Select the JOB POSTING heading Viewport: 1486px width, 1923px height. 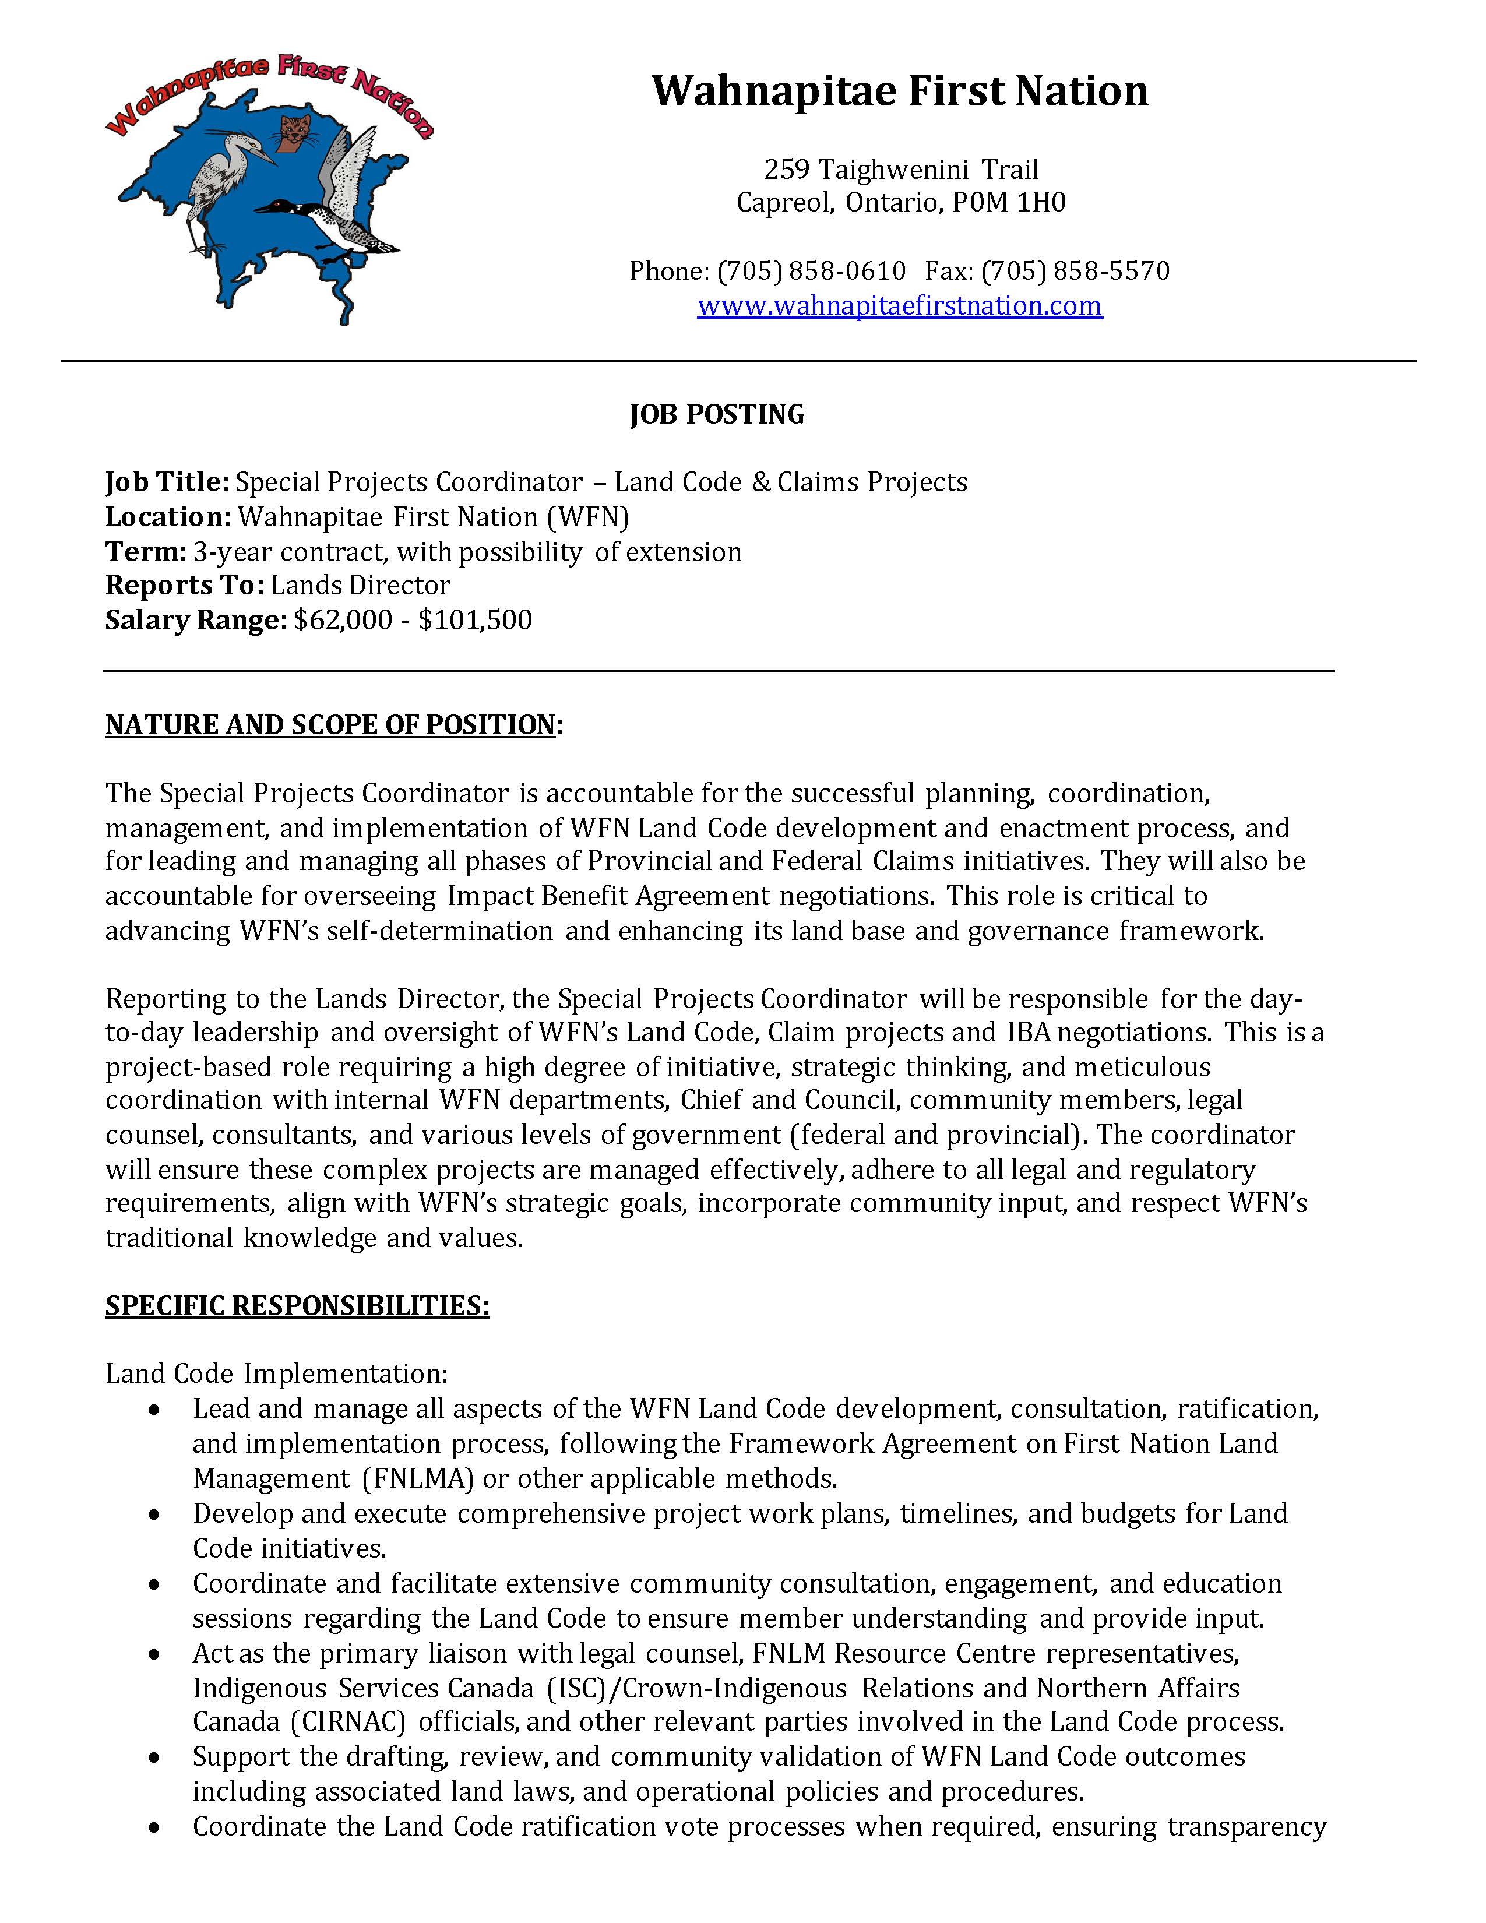click(717, 414)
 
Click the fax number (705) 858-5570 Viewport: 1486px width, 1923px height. click(1075, 270)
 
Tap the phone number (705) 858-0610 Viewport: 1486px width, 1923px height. click(812, 270)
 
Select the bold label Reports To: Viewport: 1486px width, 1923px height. click(185, 586)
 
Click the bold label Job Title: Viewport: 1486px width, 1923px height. click(167, 482)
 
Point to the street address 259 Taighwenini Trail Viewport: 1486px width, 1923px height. click(900, 169)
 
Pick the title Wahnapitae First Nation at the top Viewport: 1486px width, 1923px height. click(900, 91)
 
